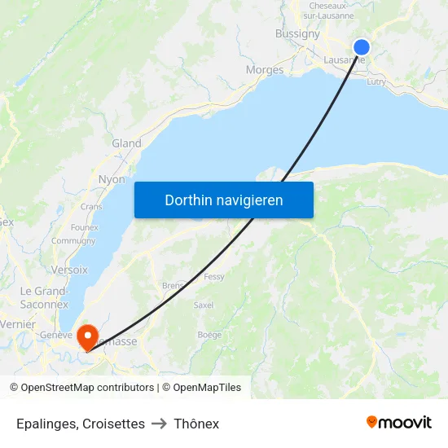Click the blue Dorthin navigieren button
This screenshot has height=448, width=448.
point(223,200)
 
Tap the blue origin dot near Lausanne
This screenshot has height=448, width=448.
point(362,47)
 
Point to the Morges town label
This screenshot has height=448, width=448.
point(265,70)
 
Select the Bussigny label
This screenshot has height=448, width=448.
point(297,33)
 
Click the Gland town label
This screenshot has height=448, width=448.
point(126,143)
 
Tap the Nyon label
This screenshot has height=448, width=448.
point(112,179)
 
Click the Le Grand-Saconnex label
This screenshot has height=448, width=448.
point(44,297)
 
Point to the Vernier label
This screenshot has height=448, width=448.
point(17,323)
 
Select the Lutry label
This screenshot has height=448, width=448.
point(376,81)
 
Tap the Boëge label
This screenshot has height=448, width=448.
point(209,335)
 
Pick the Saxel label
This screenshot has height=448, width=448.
point(204,305)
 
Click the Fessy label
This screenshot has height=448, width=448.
point(214,277)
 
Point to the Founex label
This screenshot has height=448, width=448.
point(85,227)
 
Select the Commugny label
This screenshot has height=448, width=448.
point(73,241)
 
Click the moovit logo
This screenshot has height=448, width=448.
point(399,422)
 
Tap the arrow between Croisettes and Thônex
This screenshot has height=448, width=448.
point(160,424)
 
